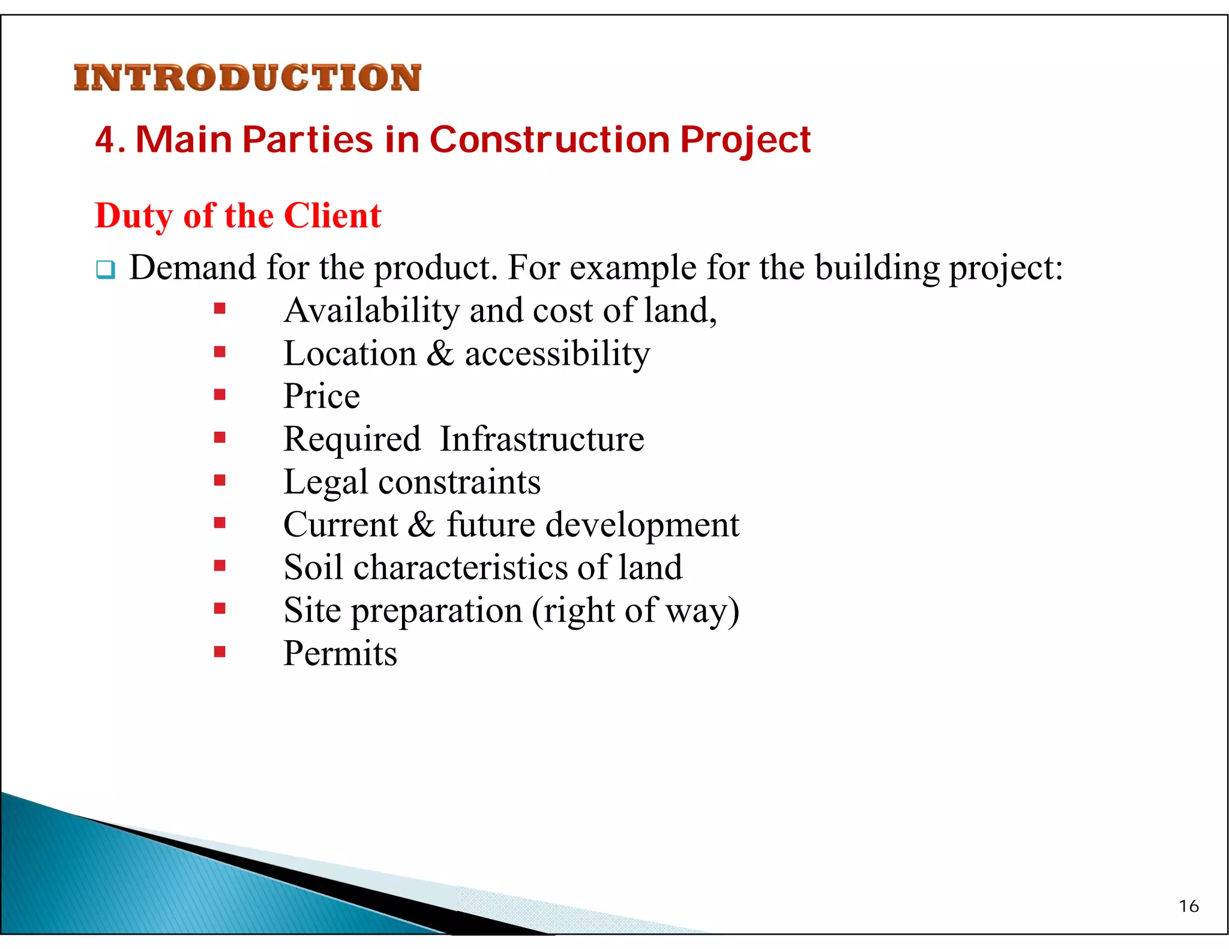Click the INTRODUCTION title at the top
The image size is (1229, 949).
[247, 78]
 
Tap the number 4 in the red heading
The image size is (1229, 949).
[104, 140]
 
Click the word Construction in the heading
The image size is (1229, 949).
[549, 140]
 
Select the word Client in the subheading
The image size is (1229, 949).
[332, 215]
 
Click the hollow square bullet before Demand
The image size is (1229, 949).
[105, 269]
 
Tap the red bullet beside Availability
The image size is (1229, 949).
[220, 309]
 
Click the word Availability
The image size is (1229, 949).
[371, 311]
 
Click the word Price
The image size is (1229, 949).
[322, 397]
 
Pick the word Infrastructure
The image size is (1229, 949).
[542, 439]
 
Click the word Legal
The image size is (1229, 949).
[325, 482]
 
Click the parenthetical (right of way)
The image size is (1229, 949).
[636, 611]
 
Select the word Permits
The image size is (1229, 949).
[340, 653]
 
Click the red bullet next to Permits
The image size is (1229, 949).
[220, 651]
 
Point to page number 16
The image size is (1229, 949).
[1188, 906]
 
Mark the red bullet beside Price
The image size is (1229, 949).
[220, 395]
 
